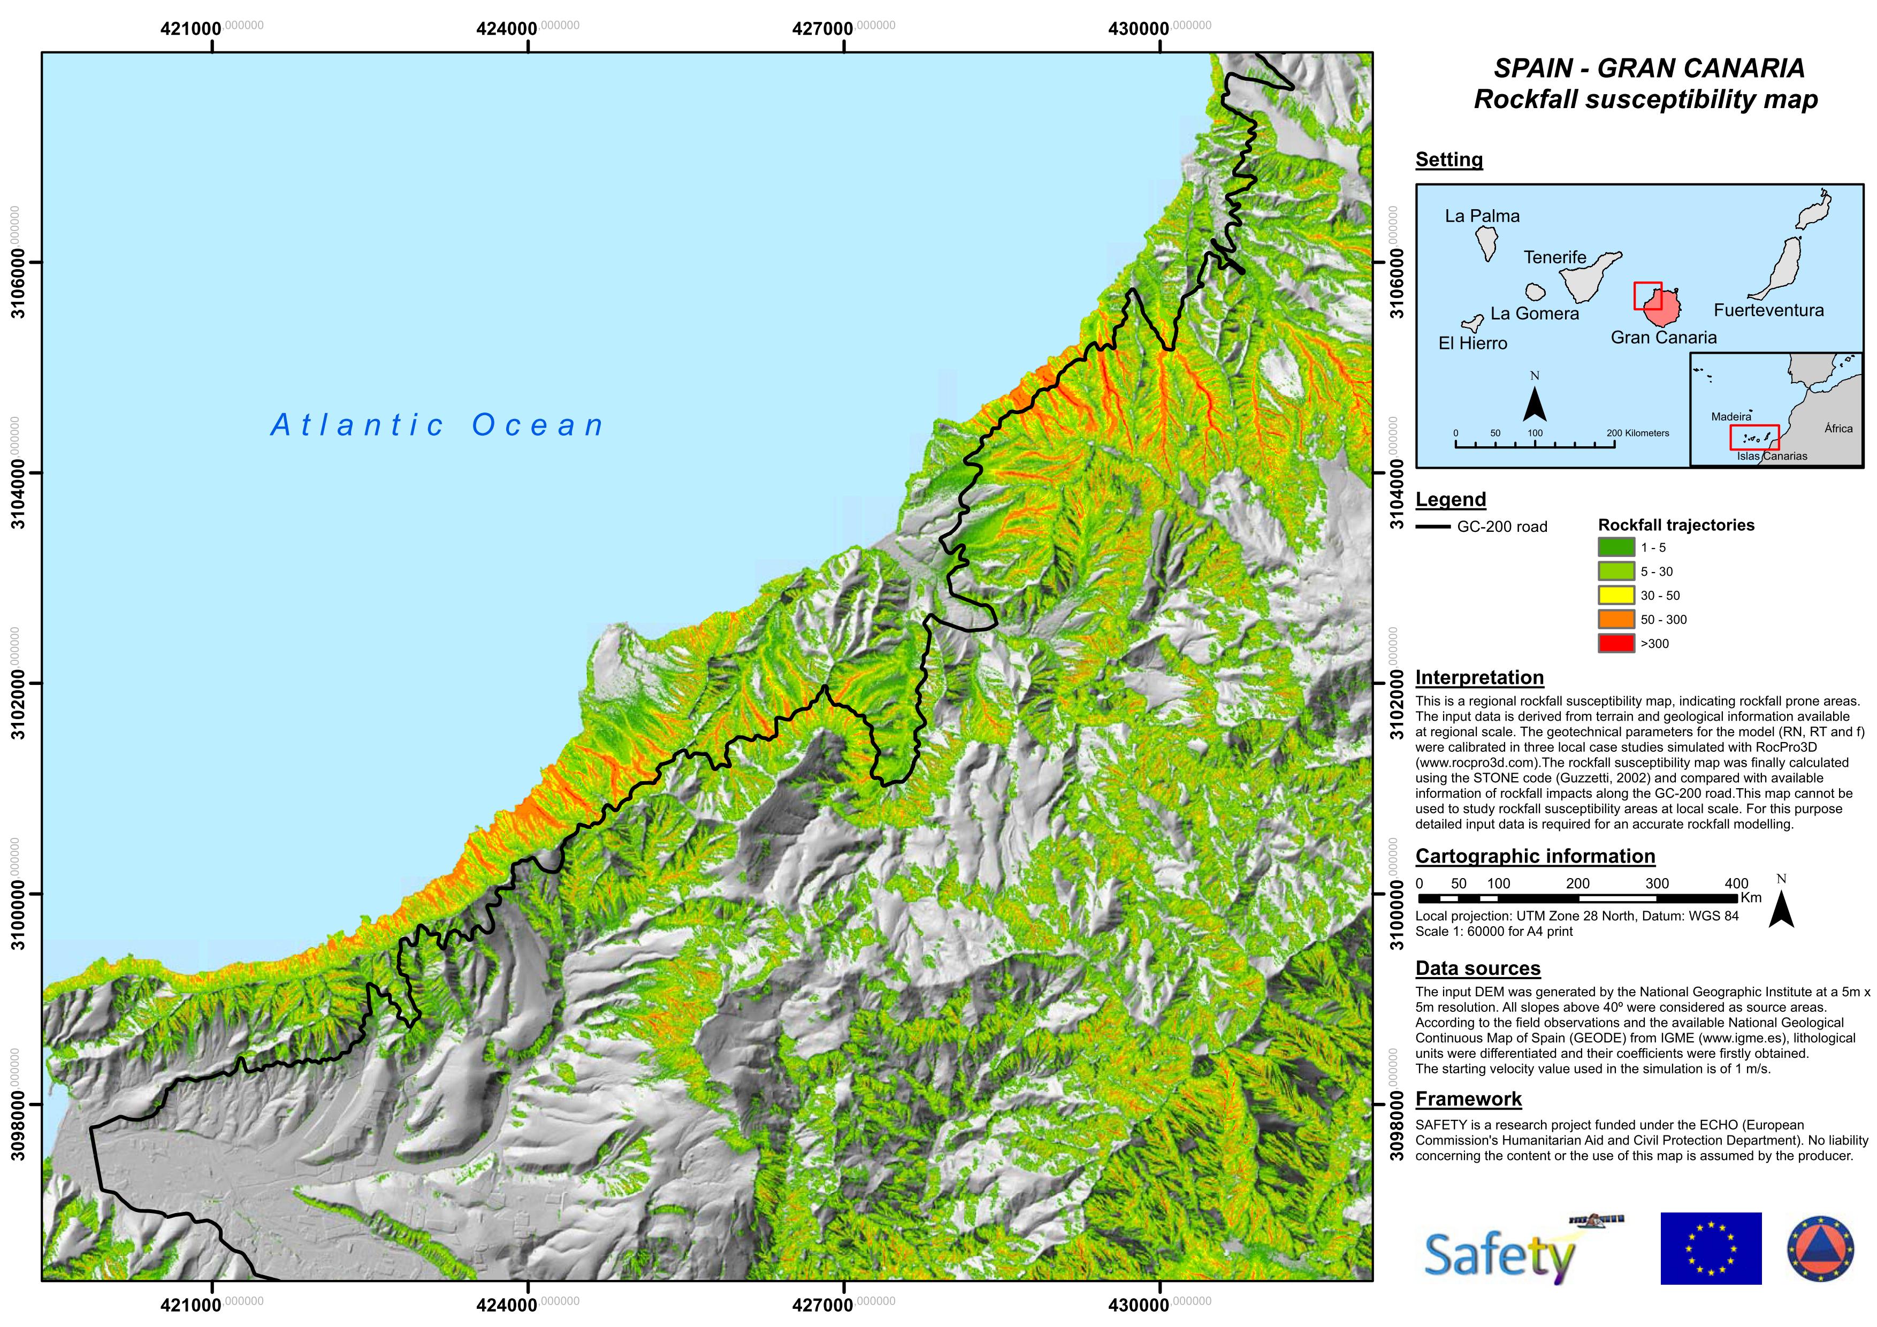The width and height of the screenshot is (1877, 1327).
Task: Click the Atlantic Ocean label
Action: [x=437, y=425]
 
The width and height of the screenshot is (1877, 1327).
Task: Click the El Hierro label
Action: [x=1472, y=344]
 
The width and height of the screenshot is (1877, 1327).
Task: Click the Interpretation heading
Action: [x=1479, y=678]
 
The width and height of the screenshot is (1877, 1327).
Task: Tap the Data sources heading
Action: [x=1477, y=969]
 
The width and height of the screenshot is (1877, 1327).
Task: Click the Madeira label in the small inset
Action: [x=1731, y=417]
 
